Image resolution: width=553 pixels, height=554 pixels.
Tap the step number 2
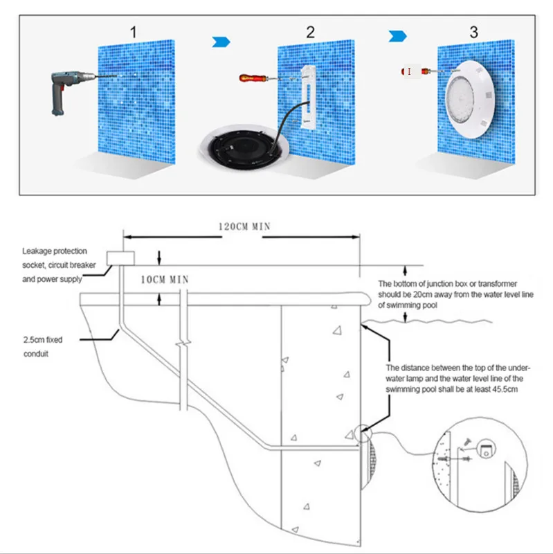(x=310, y=31)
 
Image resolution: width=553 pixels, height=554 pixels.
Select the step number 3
(x=473, y=31)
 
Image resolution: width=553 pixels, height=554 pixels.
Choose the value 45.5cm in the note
(x=491, y=390)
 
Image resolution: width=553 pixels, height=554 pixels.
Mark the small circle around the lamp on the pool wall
(x=362, y=434)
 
